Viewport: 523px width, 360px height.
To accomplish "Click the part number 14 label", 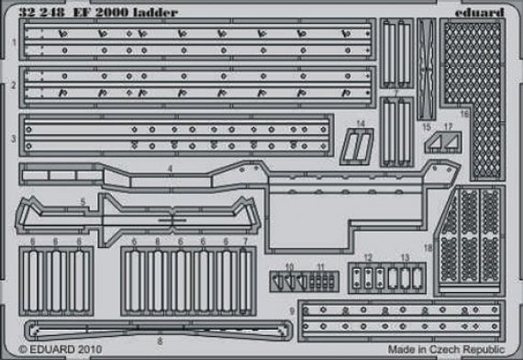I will (361, 124).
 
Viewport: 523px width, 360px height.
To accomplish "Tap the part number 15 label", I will (427, 127).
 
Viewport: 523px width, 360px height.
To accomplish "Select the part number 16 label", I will (464, 115).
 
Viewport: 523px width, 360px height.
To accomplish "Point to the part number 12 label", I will (367, 257).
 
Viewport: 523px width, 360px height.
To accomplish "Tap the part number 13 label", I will (405, 257).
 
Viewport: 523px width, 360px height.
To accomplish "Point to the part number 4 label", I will (170, 170).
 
